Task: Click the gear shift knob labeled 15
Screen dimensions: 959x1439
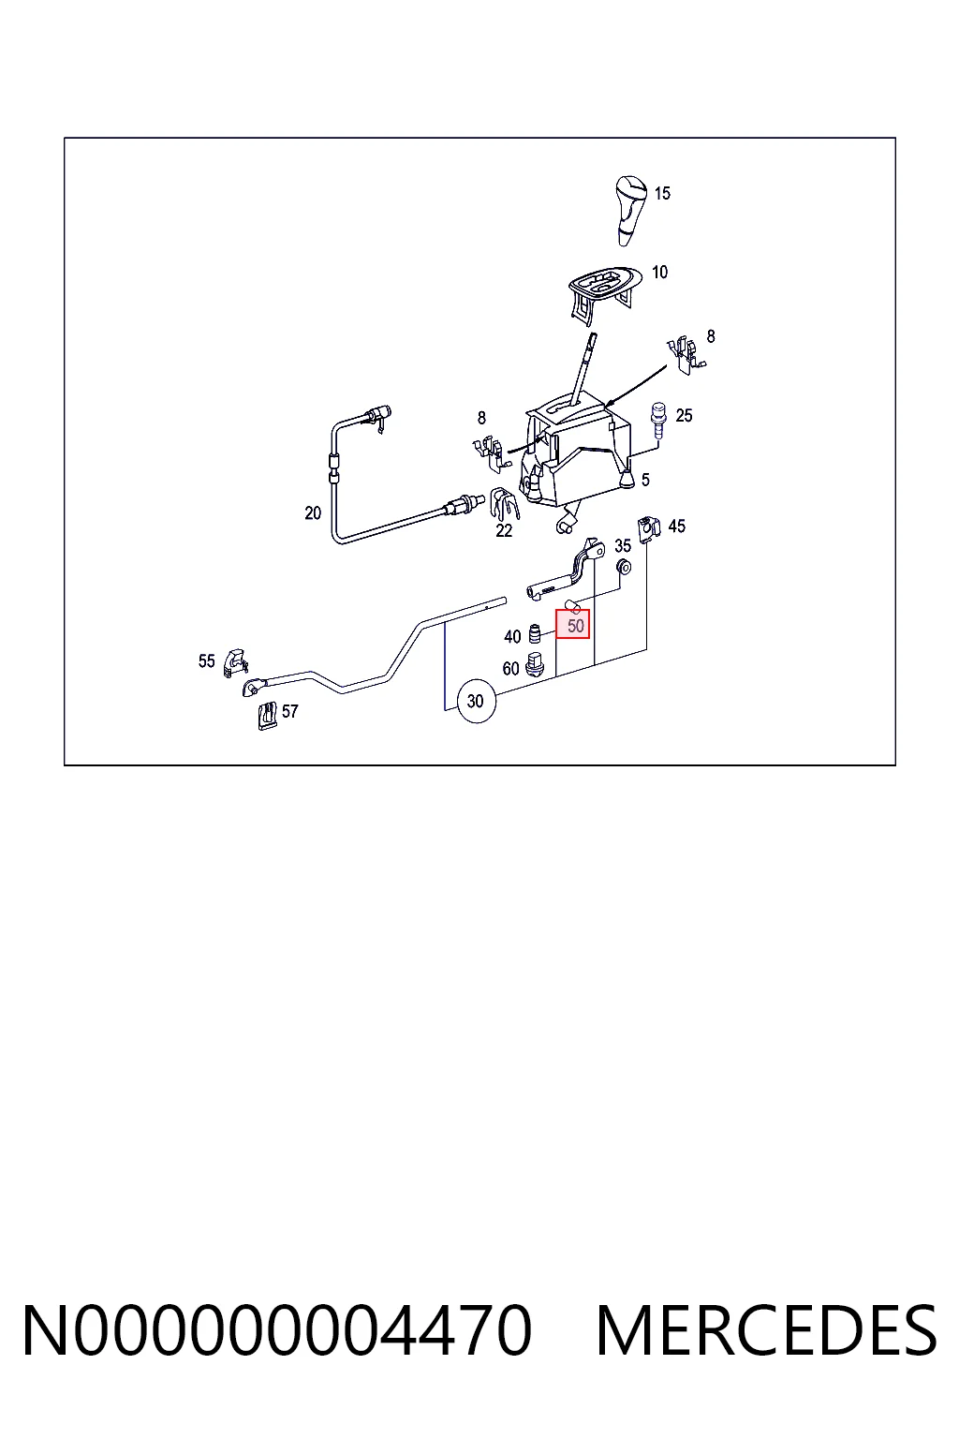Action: [629, 210]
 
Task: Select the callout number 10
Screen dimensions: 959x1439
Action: [659, 273]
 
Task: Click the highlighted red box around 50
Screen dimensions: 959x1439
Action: [572, 624]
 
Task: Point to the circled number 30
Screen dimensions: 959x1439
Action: [476, 701]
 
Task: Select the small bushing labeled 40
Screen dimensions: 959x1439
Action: [533, 634]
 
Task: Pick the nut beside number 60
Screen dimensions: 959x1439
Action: [534, 664]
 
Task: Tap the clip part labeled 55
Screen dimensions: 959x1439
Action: [234, 662]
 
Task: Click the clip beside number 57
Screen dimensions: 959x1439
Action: [267, 715]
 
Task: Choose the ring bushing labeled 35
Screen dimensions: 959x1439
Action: [623, 567]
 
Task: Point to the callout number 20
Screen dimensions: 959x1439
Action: [313, 513]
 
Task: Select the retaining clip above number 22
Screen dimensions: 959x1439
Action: [504, 504]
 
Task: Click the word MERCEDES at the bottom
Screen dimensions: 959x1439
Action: [767, 1329]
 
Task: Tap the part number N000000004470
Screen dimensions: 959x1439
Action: [277, 1329]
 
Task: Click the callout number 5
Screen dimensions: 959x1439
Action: [645, 480]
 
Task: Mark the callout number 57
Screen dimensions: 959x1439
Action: [289, 711]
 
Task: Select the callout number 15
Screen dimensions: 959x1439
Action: [662, 193]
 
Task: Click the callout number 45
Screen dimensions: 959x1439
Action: [676, 527]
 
